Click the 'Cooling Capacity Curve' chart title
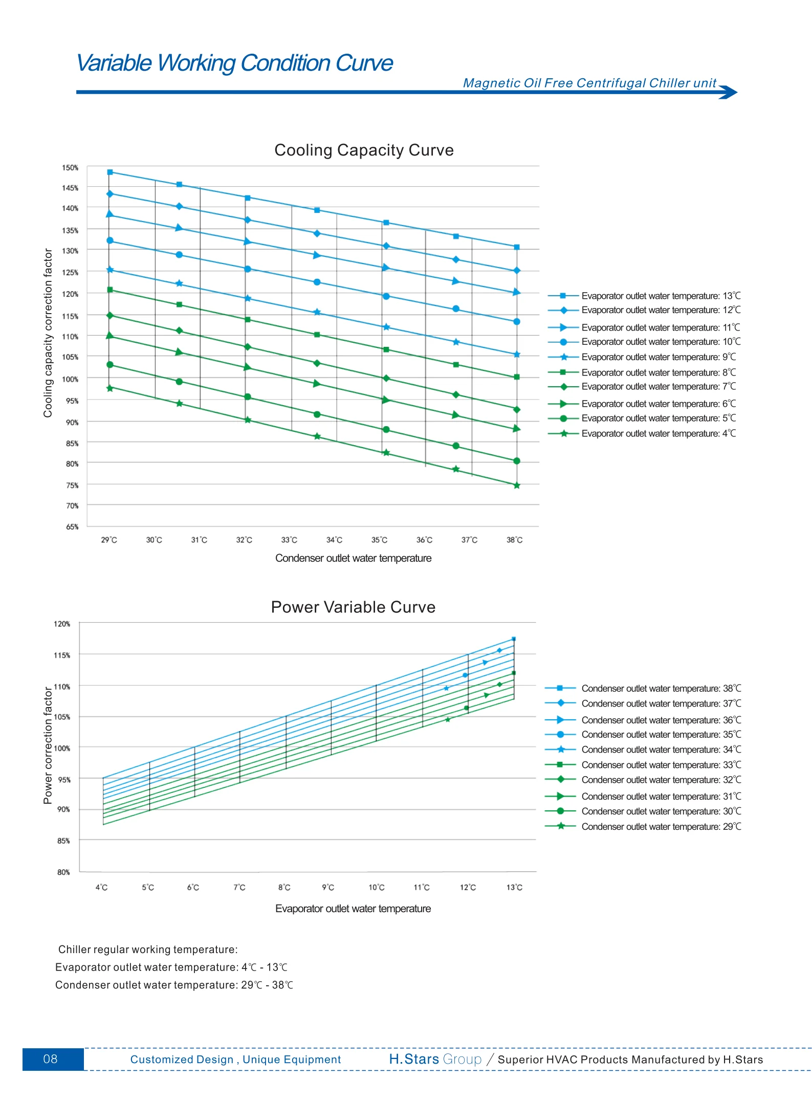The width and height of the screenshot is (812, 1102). [x=364, y=150]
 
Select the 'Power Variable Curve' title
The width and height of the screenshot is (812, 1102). [x=353, y=607]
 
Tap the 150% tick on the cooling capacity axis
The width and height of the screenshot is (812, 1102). [x=70, y=168]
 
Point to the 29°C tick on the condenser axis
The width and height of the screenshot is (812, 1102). [x=109, y=540]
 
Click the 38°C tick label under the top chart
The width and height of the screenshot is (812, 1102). [x=515, y=540]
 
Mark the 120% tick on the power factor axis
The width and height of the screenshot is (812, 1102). [x=62, y=624]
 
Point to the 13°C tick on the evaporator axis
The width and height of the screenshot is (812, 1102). [x=514, y=888]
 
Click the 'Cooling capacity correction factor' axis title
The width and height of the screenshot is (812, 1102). [x=48, y=333]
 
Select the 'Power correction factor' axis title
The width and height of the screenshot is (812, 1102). [x=48, y=745]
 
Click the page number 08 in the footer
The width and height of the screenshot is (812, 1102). [x=51, y=1059]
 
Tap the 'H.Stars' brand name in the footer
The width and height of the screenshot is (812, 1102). [x=414, y=1059]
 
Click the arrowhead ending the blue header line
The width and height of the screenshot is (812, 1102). [x=730, y=92]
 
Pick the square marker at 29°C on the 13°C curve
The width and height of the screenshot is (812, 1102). [x=110, y=172]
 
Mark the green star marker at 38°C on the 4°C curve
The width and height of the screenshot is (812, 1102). [x=517, y=486]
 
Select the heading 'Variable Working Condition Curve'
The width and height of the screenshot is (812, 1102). [x=235, y=63]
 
